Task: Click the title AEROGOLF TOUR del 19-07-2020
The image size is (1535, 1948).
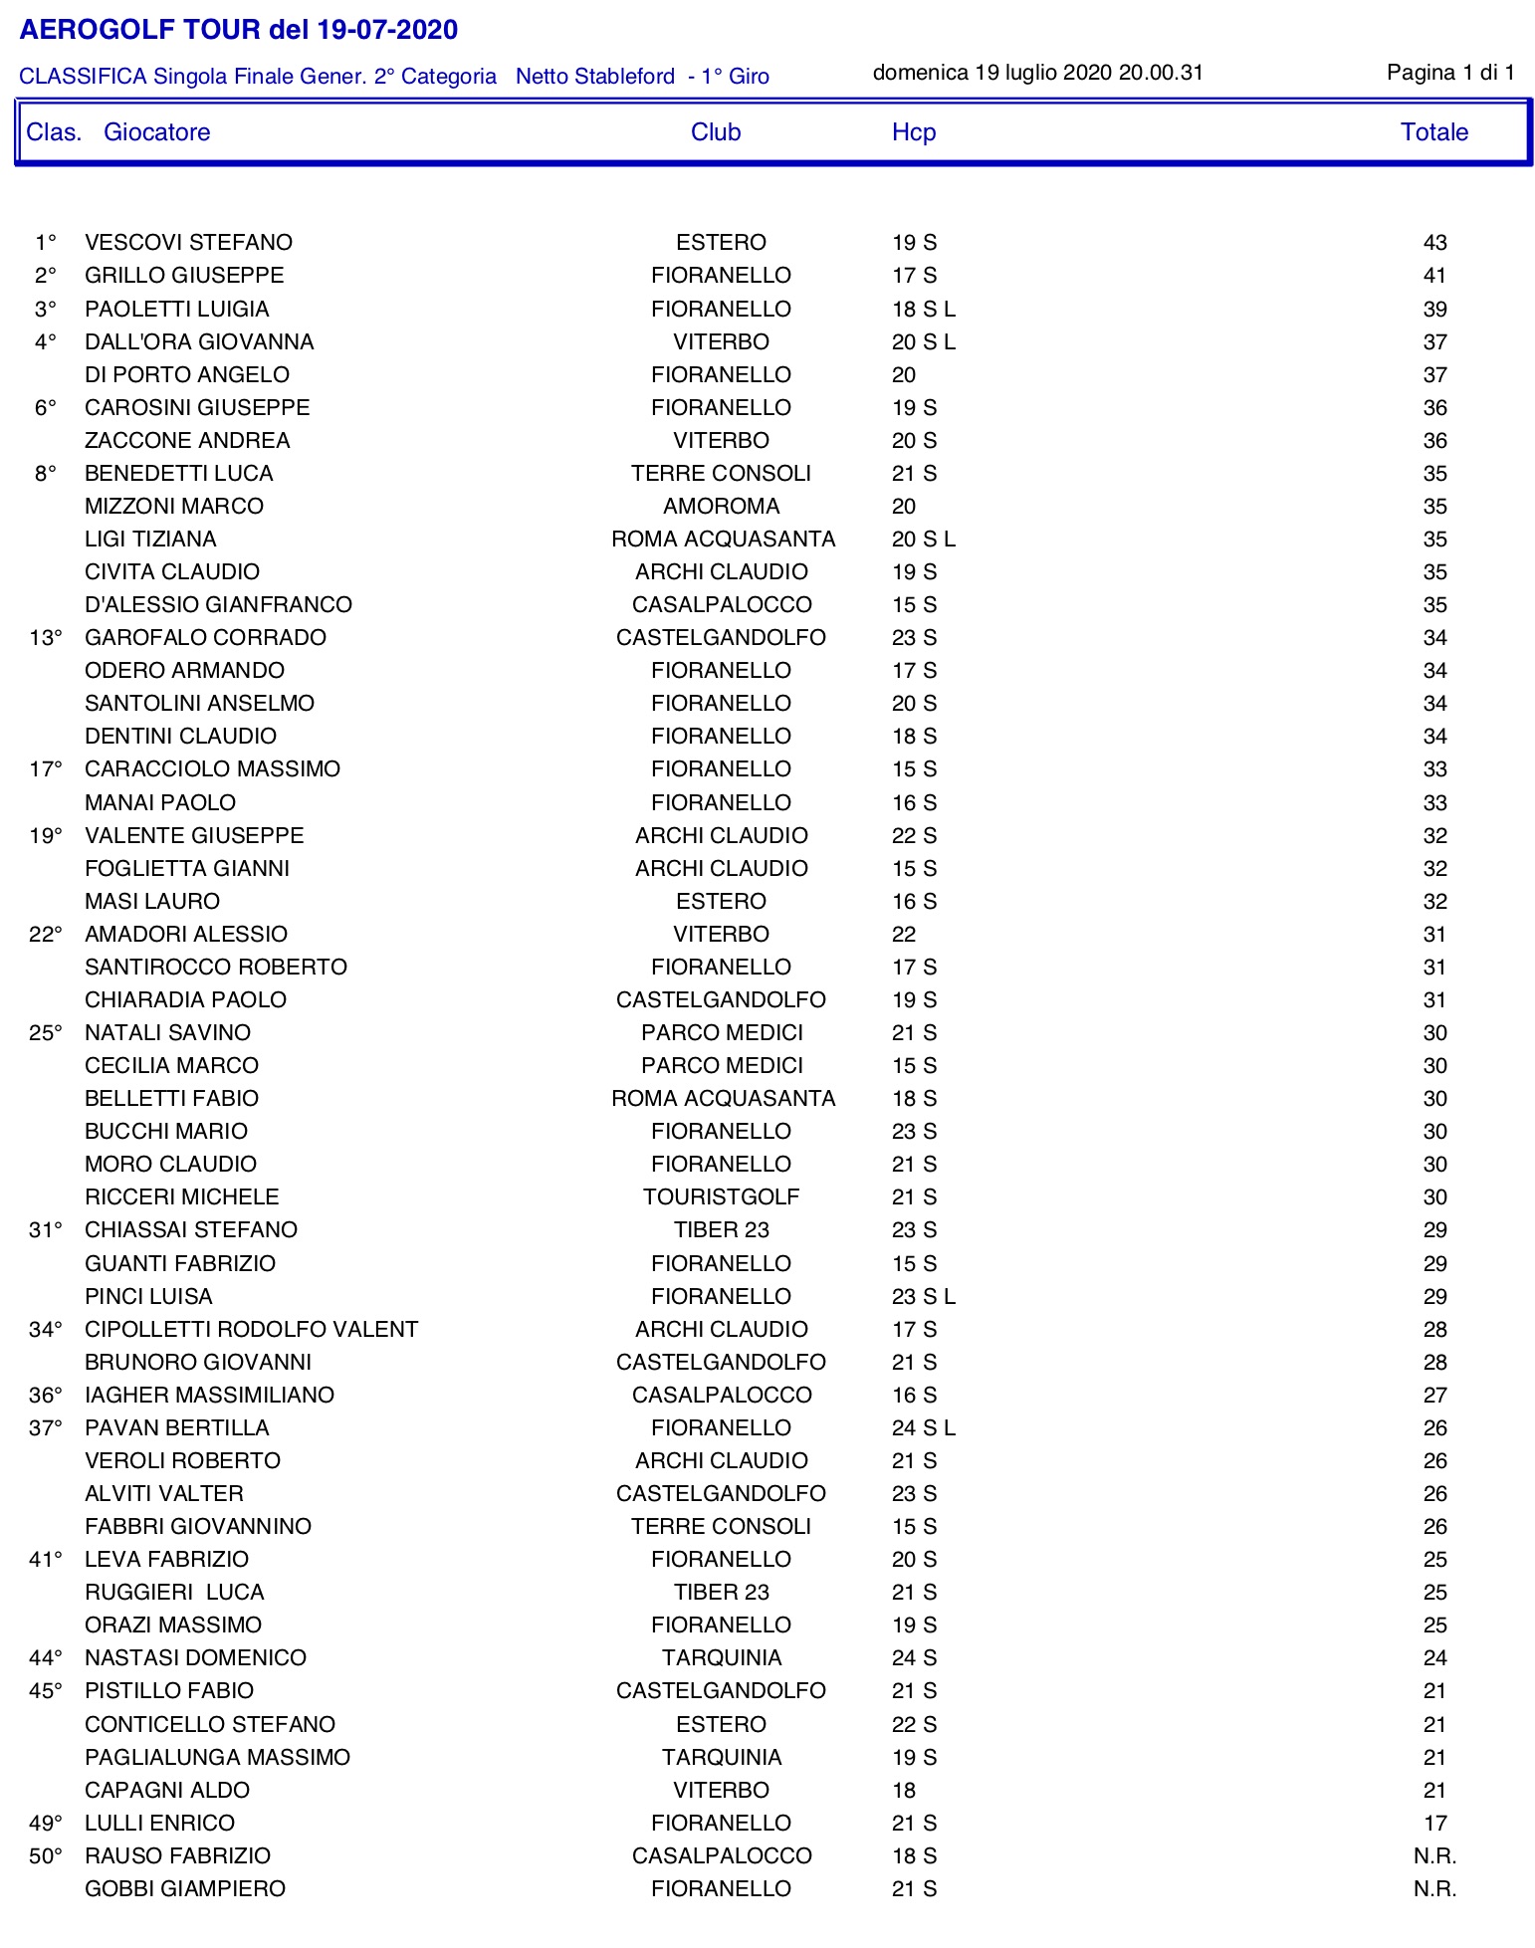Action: [238, 30]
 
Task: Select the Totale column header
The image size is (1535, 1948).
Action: [1433, 132]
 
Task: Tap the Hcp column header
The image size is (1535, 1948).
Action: [913, 132]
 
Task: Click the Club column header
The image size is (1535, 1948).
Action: [716, 132]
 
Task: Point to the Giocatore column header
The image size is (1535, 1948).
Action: [157, 132]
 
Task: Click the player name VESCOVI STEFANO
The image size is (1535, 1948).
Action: [188, 243]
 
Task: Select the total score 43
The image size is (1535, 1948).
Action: [1434, 243]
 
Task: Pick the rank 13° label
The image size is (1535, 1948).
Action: [46, 638]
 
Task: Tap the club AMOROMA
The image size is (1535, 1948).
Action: [721, 507]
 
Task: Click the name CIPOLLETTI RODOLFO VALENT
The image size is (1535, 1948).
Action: [251, 1330]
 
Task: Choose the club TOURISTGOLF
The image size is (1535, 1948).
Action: [721, 1197]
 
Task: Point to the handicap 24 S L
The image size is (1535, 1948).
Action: [923, 1428]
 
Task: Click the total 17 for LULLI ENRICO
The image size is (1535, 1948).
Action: [1434, 1824]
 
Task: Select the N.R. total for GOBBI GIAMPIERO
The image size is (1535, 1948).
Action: [1434, 1889]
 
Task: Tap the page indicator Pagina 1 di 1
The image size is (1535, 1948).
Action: [1450, 73]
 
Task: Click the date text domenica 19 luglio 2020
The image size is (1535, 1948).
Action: [991, 73]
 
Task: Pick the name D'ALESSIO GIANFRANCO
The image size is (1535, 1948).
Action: [218, 605]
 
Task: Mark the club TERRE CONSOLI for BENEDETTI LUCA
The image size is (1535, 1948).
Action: [721, 474]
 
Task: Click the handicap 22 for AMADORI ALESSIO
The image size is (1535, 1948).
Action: [904, 935]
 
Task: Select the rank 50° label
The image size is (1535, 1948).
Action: [46, 1856]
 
